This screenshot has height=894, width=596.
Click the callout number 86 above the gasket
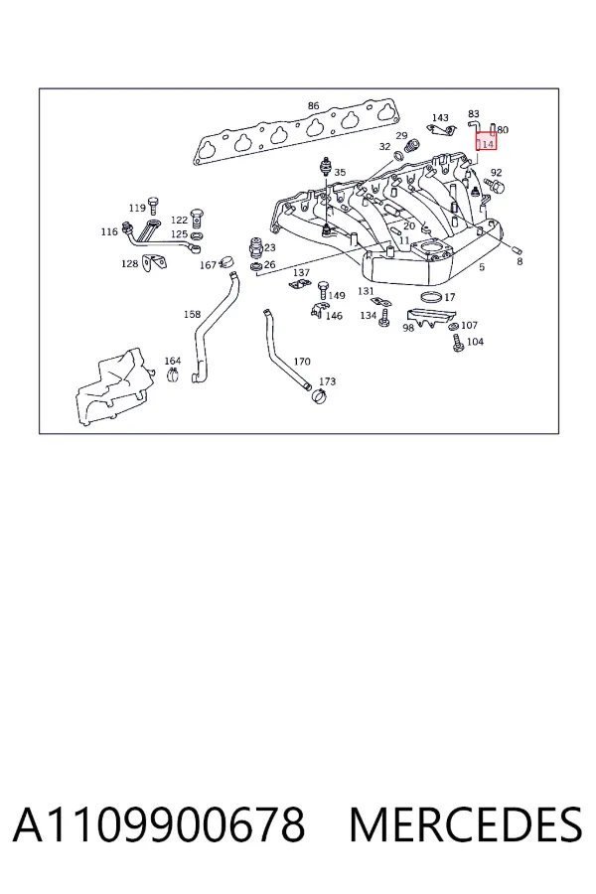pyautogui.click(x=313, y=105)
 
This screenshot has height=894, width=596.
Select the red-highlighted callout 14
pyautogui.click(x=487, y=144)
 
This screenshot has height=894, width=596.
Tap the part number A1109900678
pyautogui.click(x=159, y=824)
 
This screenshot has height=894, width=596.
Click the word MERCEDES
pyautogui.click(x=466, y=824)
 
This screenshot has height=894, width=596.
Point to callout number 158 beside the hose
pyautogui.click(x=192, y=314)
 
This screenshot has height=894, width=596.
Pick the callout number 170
pyautogui.click(x=302, y=361)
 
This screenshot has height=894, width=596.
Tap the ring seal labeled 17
pyautogui.click(x=431, y=296)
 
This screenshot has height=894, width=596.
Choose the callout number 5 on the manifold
pyautogui.click(x=482, y=267)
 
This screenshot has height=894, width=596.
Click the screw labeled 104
pyautogui.click(x=457, y=344)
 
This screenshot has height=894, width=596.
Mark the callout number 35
pyautogui.click(x=340, y=172)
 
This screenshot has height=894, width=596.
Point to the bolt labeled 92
pyautogui.click(x=495, y=185)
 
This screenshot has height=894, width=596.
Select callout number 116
pyautogui.click(x=109, y=231)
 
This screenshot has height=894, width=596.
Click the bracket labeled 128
pyautogui.click(x=155, y=261)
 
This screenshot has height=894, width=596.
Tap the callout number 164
pyautogui.click(x=172, y=361)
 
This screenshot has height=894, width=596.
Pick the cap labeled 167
pyautogui.click(x=229, y=262)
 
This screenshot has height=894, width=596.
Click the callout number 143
pyautogui.click(x=440, y=117)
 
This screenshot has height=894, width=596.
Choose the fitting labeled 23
pyautogui.click(x=255, y=247)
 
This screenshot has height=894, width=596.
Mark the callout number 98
pyautogui.click(x=408, y=328)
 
